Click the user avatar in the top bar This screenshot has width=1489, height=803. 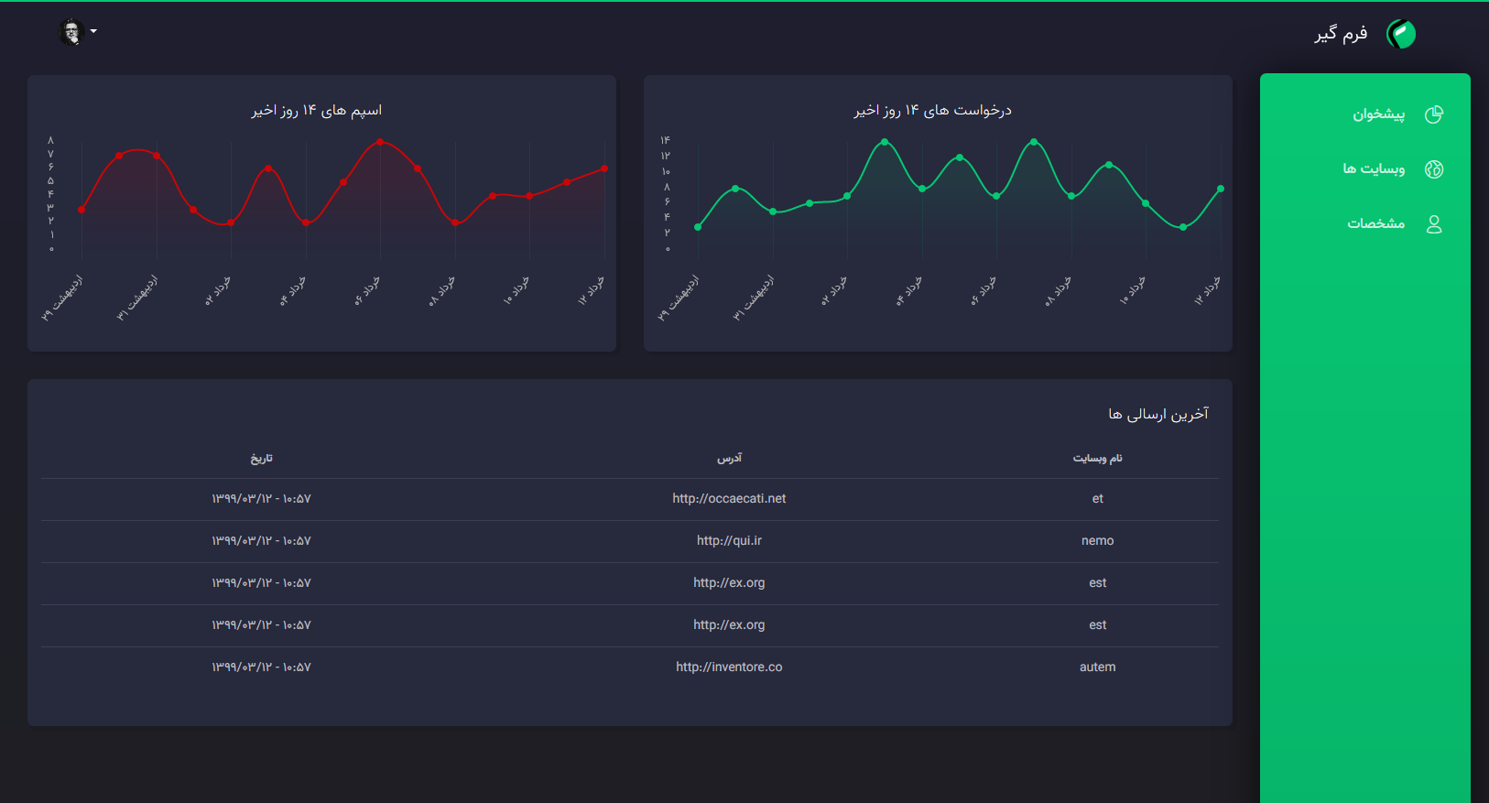(71, 32)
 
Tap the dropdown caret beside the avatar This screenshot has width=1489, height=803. (93, 32)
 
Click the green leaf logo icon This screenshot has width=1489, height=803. (1401, 34)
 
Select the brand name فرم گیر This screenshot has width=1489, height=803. (1341, 34)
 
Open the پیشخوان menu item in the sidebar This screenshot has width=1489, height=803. (1378, 114)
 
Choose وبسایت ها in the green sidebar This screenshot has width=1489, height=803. (1373, 168)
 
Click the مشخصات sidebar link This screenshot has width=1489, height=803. (1375, 223)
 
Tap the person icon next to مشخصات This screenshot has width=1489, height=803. (1434, 224)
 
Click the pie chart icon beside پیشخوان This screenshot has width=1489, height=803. (1434, 114)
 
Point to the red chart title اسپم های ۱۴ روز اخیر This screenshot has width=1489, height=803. (317, 111)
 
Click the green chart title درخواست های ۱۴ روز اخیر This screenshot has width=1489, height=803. (932, 111)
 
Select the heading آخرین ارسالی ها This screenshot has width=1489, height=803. (1158, 415)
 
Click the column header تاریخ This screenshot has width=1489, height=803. (262, 458)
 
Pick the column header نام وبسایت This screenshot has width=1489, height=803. (1097, 458)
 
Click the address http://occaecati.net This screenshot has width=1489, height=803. (729, 499)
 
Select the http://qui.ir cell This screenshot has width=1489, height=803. (729, 541)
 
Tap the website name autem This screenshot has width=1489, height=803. (1097, 667)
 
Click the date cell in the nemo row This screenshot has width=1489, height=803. (261, 541)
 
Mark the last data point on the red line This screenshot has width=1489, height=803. (604, 168)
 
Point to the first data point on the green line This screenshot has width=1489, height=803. (698, 227)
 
